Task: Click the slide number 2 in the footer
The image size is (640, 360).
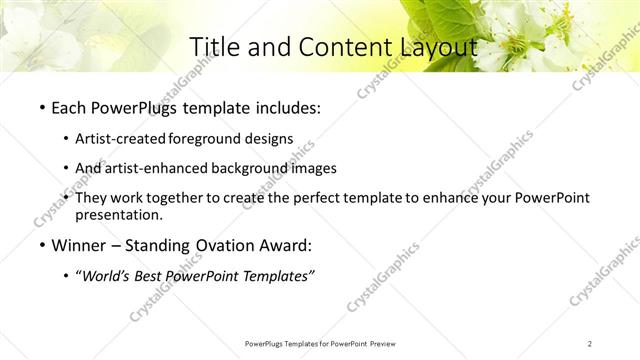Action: click(x=590, y=343)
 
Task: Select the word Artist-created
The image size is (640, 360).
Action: click(x=122, y=139)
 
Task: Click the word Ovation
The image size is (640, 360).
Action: click(x=220, y=246)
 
